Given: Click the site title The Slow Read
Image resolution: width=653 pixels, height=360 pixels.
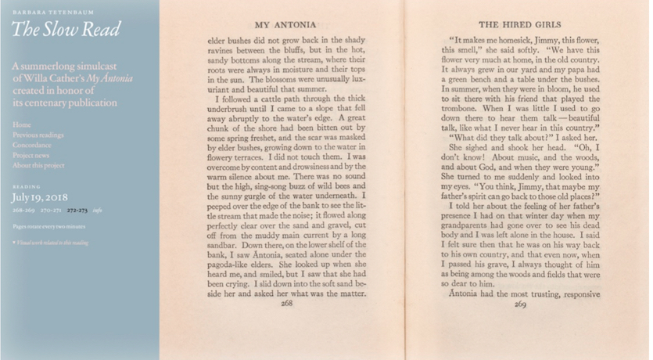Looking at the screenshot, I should [x=66, y=31].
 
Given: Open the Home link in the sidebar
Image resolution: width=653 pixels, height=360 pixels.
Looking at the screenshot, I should [x=22, y=124].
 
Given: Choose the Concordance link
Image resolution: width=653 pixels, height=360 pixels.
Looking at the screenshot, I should [x=32, y=145].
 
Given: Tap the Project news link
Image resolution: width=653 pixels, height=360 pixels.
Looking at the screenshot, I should [x=32, y=155].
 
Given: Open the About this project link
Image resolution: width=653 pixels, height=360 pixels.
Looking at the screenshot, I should [x=38, y=165].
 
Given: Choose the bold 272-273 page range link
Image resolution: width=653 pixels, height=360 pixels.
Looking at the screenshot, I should [x=77, y=211].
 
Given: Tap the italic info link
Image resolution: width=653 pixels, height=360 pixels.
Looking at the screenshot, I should [x=98, y=211].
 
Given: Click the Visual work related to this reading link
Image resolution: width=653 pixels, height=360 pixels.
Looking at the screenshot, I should [x=51, y=243].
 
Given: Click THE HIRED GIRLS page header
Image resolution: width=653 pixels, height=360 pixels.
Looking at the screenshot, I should [x=520, y=25].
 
